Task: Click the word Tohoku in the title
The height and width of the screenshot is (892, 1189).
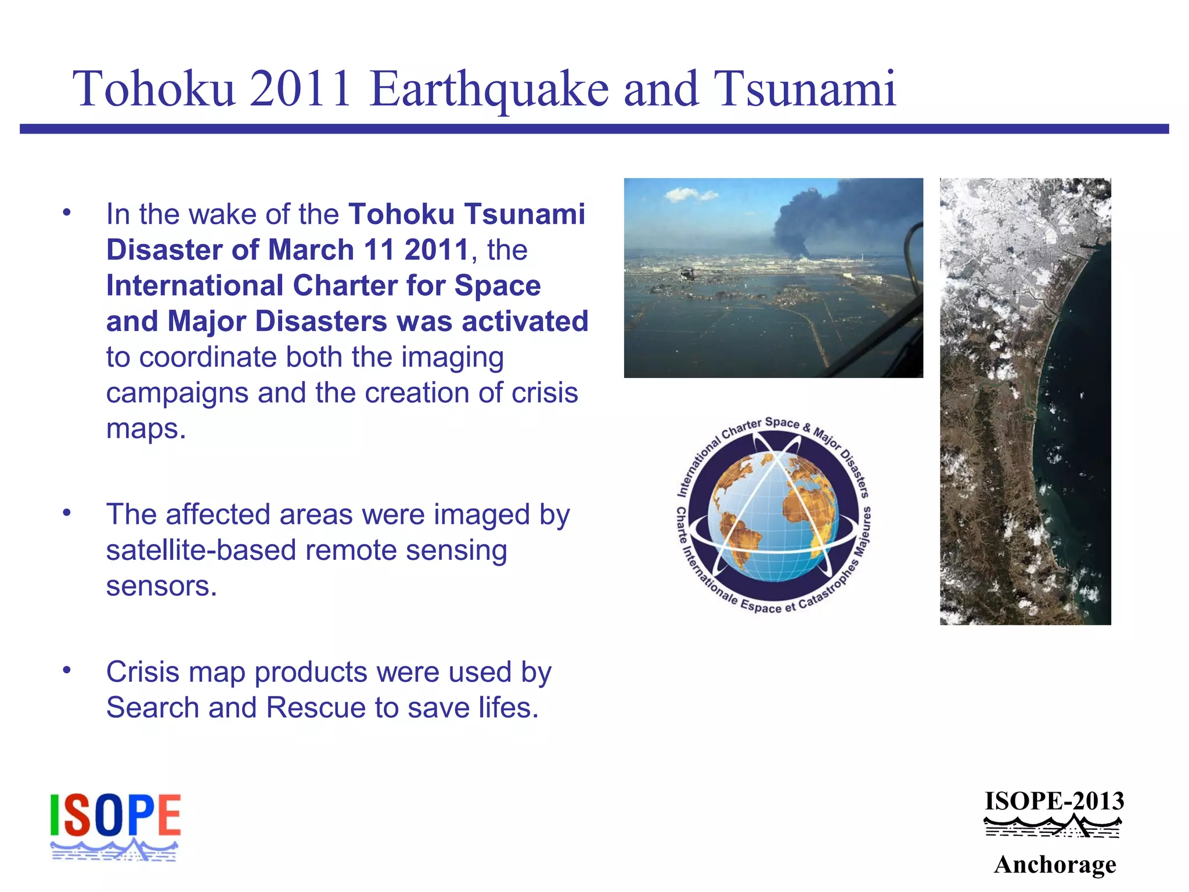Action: click(x=154, y=89)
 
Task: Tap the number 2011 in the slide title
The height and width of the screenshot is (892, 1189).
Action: click(x=300, y=89)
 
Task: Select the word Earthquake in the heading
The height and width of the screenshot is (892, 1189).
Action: click(x=489, y=91)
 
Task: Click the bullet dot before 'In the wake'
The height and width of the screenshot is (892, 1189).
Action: click(x=67, y=213)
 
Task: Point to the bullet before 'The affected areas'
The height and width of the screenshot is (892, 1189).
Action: click(x=67, y=513)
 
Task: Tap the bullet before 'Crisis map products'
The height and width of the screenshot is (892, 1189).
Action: click(x=67, y=670)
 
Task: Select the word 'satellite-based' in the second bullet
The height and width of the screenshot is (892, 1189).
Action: click(x=201, y=550)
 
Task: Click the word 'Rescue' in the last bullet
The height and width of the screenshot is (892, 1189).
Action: click(x=316, y=708)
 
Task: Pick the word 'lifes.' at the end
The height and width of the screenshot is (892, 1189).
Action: click(x=509, y=708)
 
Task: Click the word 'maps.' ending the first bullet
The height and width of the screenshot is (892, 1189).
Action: click(x=146, y=429)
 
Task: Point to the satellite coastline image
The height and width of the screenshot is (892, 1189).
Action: click(x=1025, y=401)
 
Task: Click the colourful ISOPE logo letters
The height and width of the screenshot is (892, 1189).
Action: click(x=115, y=815)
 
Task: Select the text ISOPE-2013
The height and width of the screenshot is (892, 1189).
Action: click(x=1054, y=801)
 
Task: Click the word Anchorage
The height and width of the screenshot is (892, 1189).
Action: click(x=1055, y=865)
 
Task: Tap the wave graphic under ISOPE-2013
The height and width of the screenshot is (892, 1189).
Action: click(x=1053, y=827)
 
